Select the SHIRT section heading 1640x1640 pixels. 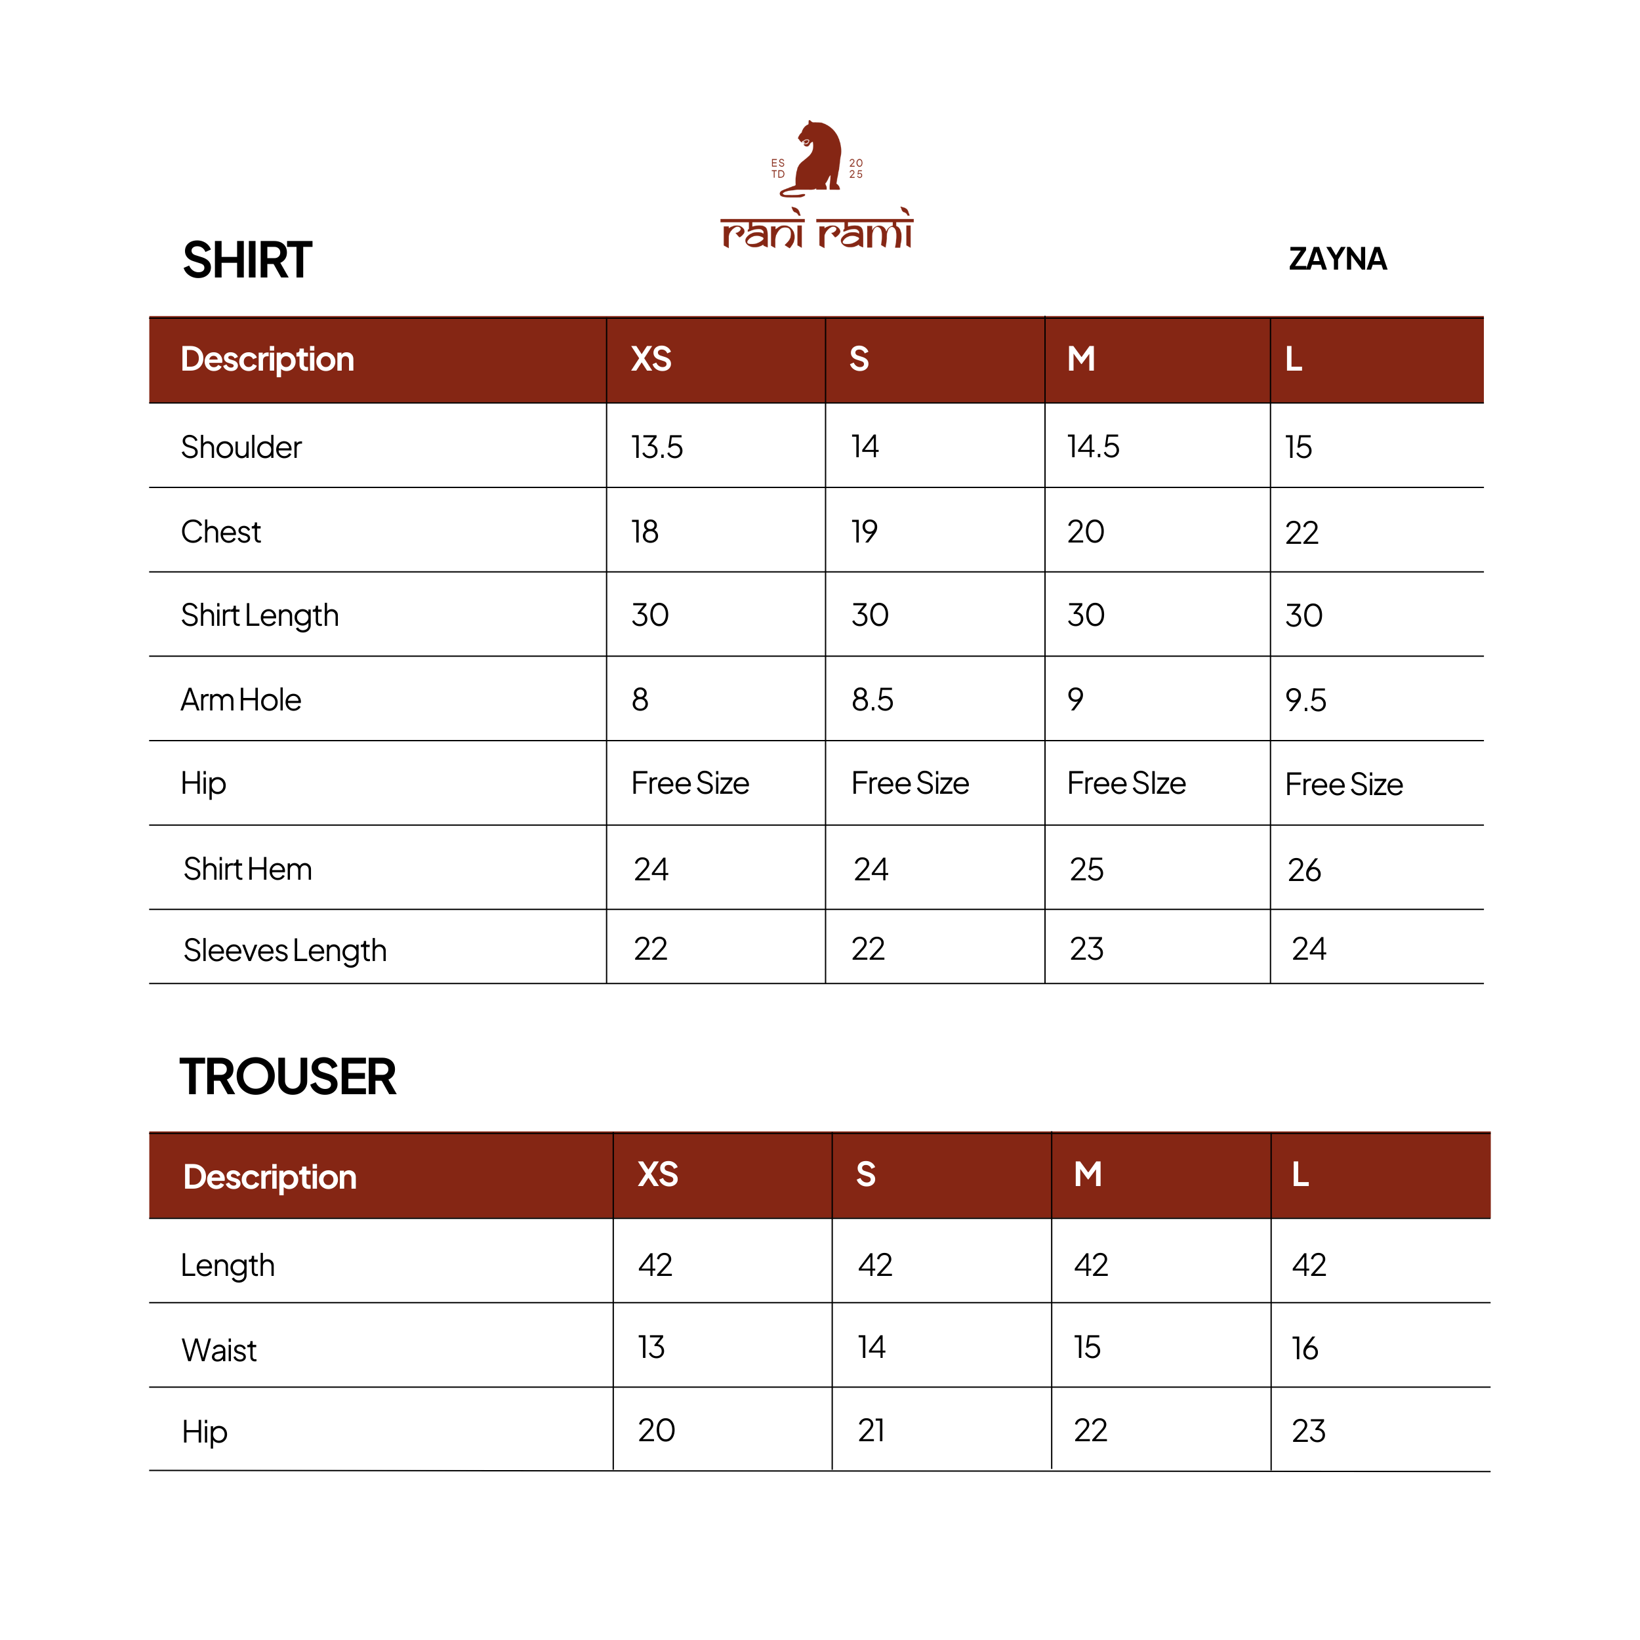pos(247,260)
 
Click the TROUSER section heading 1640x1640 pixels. pos(288,1076)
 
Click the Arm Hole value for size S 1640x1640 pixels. pos(872,699)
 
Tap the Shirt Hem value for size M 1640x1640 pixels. pos(1086,869)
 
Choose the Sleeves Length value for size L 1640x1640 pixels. pos(1308,949)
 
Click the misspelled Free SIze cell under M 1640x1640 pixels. pos(1126,783)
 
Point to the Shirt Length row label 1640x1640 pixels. pos(260,615)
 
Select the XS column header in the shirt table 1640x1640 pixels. pos(651,359)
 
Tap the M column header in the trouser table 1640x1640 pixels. pos(1088,1175)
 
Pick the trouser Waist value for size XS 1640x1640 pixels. pos(651,1347)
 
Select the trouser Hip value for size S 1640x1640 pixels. pos(871,1430)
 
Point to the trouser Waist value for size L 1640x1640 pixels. pos(1305,1348)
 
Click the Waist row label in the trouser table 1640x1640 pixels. pos(219,1349)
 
